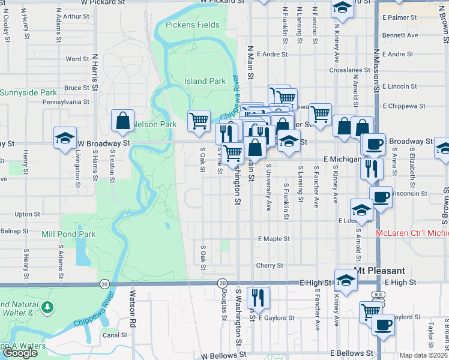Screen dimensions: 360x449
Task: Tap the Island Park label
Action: (x=205, y=81)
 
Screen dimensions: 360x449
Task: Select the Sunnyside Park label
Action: (x=28, y=93)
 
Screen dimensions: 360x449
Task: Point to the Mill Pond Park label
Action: (x=68, y=234)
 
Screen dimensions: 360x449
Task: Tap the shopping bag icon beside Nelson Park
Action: (x=122, y=120)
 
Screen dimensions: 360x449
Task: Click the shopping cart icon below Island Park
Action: (x=199, y=120)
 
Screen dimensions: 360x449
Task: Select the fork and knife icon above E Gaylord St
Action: (x=259, y=296)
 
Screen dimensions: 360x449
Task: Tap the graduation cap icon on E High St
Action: (x=346, y=280)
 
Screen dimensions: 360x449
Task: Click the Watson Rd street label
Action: (x=133, y=304)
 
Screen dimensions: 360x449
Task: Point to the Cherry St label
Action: (x=270, y=265)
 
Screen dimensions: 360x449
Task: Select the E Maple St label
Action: (x=274, y=239)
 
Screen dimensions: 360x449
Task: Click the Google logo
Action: (x=20, y=353)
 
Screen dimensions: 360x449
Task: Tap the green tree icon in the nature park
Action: (x=47, y=308)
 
